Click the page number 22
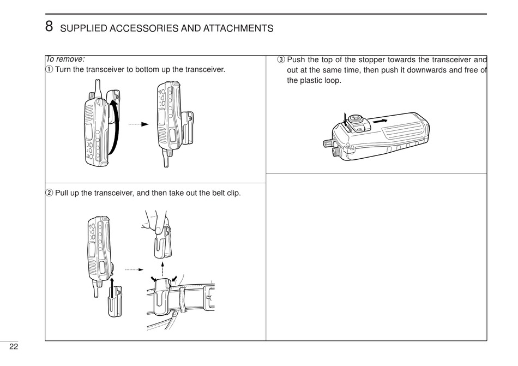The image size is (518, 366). tap(13, 347)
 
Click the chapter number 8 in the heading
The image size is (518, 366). tap(49, 26)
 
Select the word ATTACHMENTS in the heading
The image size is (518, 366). tap(238, 28)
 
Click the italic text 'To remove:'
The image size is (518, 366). tap(65, 59)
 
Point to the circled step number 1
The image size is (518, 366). tap(49, 70)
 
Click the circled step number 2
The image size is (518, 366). tap(49, 193)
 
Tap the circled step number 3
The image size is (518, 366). tap(281, 59)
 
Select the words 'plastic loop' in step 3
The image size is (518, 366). tap(321, 80)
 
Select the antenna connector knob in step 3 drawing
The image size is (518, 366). tap(329, 143)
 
